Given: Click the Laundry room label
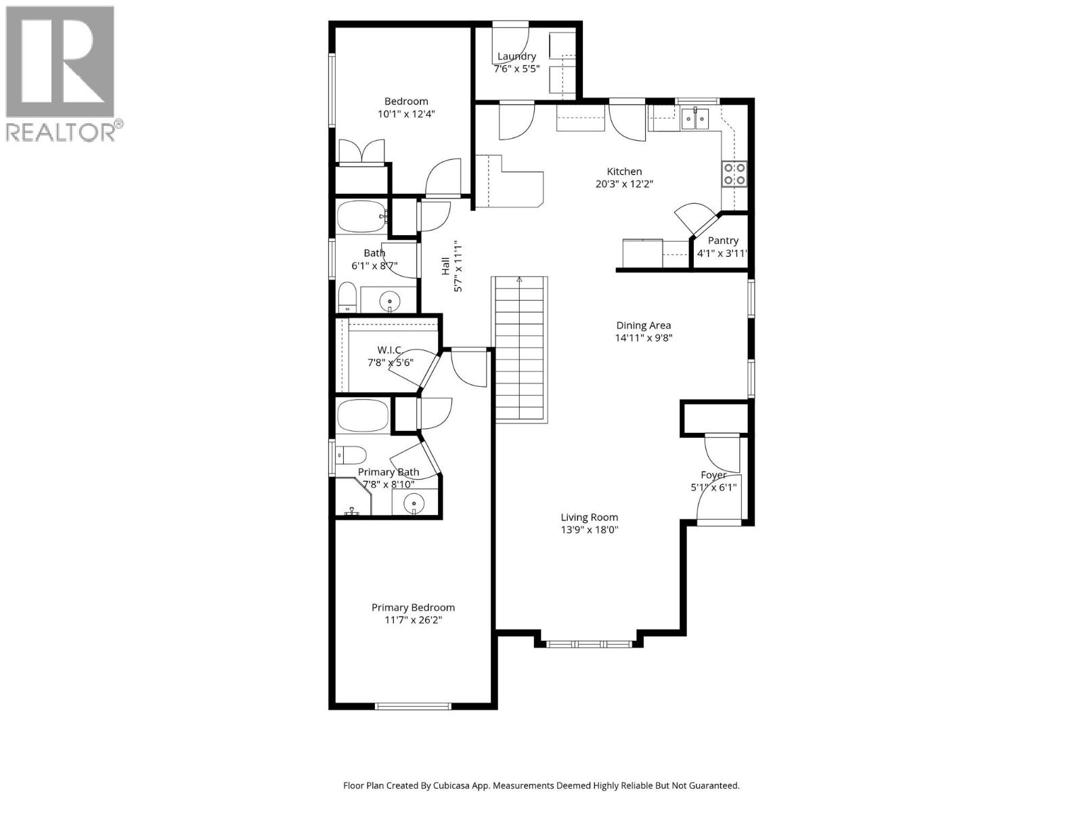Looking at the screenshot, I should [516, 56].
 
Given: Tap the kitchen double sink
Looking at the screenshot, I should [695, 120].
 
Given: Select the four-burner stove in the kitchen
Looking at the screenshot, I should [734, 173].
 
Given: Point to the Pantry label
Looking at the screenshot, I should [723, 241].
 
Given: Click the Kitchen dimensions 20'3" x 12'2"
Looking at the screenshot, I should [624, 184].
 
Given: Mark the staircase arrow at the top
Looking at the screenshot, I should [519, 279].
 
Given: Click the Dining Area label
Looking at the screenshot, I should [643, 325].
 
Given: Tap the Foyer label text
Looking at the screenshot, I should [713, 475].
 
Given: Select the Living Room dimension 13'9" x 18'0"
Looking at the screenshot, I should [590, 530].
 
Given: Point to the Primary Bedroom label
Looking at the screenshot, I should [413, 608].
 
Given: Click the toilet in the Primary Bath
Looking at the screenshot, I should [351, 454].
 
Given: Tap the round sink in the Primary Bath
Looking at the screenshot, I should [414, 503].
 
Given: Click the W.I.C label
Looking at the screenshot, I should [389, 350].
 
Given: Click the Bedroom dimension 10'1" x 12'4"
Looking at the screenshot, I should [406, 114].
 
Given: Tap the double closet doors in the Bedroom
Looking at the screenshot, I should [361, 152].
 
